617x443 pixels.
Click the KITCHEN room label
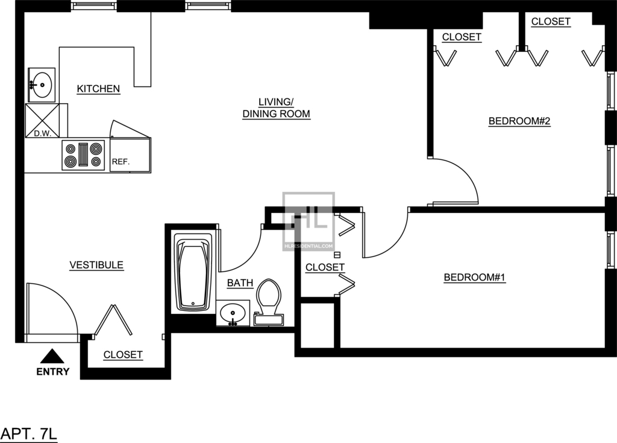[x=98, y=89]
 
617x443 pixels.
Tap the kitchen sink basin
[x=42, y=84]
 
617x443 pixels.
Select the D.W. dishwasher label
[x=43, y=133]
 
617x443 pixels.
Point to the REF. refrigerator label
[x=121, y=162]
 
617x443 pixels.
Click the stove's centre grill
[x=83, y=155]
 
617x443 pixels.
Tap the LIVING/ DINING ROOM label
[x=276, y=108]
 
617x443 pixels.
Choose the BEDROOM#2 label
[x=519, y=121]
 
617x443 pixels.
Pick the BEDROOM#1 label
[x=475, y=278]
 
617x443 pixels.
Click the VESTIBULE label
[x=96, y=265]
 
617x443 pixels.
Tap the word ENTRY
[x=53, y=372]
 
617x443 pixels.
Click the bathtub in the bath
[x=193, y=272]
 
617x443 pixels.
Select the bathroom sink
[x=233, y=313]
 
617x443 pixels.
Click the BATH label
[x=240, y=283]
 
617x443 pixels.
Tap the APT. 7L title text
[x=29, y=434]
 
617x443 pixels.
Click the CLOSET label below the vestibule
[x=123, y=355]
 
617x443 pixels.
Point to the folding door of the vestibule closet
[x=112, y=320]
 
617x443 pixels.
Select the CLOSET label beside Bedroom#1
[x=325, y=267]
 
